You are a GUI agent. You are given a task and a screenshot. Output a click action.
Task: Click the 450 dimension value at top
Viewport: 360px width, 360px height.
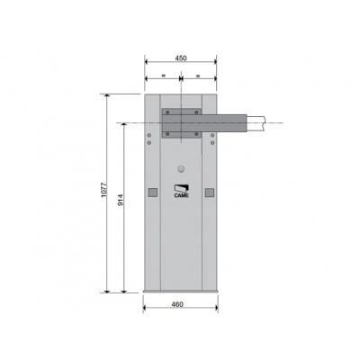(181, 58)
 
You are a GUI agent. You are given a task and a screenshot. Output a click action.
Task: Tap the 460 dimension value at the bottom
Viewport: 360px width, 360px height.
(177, 304)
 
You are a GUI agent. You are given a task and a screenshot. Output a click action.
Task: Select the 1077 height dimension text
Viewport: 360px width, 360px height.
(103, 190)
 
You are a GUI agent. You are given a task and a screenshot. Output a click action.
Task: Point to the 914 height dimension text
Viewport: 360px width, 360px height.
(121, 200)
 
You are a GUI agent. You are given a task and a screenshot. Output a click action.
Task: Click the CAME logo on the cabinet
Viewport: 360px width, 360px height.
(182, 192)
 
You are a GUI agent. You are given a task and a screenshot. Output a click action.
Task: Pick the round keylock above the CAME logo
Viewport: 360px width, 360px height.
(181, 169)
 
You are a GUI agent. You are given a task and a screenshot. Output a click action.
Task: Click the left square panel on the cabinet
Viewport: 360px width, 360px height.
(153, 193)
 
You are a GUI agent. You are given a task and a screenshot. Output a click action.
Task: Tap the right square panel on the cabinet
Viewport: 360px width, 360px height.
(210, 193)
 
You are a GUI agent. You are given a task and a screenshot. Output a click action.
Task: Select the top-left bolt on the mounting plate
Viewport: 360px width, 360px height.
(167, 112)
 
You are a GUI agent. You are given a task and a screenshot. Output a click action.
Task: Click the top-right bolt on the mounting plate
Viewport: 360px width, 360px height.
(196, 112)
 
